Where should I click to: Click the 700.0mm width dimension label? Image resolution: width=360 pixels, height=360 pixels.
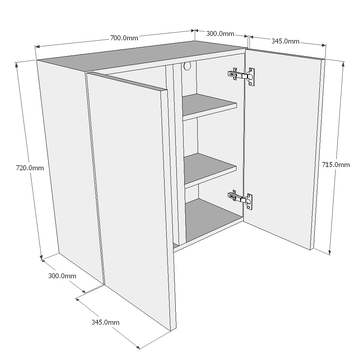tap(124, 37)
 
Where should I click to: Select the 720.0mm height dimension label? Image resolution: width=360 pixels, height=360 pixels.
tap(30, 168)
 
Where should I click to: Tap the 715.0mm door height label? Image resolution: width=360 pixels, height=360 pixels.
tap(336, 165)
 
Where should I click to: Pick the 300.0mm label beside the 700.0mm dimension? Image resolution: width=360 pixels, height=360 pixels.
tap(220, 34)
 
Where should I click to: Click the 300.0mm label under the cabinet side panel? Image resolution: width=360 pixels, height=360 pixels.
tap(62, 276)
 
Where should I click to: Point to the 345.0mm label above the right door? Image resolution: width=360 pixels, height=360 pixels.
tap(285, 41)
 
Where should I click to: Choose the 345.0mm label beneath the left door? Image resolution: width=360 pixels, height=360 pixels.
tap(105, 322)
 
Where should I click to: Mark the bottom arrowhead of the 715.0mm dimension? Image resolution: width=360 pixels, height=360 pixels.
tap(329, 252)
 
